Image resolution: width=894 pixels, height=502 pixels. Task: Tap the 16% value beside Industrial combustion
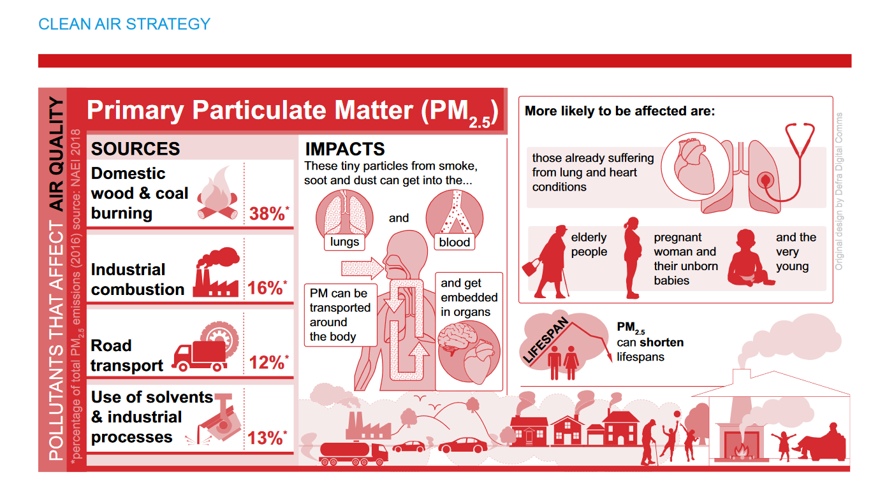(x=267, y=288)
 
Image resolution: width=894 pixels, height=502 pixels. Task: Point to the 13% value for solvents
(x=267, y=438)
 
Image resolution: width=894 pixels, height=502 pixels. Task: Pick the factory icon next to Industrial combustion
(x=217, y=272)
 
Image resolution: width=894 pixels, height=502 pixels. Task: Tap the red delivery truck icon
(x=200, y=356)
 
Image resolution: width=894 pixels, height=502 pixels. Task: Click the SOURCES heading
(x=135, y=148)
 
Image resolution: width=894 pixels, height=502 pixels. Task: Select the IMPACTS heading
(x=345, y=149)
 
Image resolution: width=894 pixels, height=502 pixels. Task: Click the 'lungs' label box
(x=344, y=242)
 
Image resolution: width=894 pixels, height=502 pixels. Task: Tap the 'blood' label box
(x=454, y=242)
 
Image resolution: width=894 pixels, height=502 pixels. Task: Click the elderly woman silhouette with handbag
(x=546, y=262)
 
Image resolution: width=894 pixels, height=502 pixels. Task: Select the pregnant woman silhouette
(x=633, y=257)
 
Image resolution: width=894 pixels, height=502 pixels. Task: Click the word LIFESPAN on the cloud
(x=546, y=340)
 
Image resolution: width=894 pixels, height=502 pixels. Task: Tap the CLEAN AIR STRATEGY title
(x=124, y=24)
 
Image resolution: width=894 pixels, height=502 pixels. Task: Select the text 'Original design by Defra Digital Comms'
(x=839, y=191)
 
